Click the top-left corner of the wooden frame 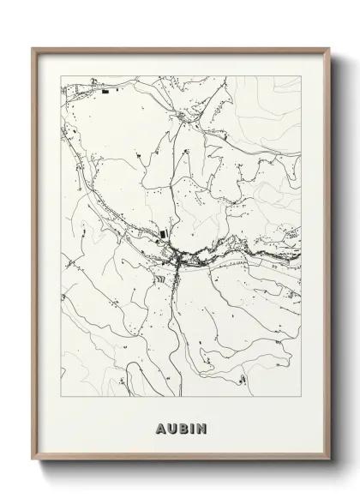[33, 48]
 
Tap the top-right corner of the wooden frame [327, 48]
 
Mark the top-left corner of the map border [57, 75]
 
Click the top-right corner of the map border [302, 75]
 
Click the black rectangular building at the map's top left [105, 91]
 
